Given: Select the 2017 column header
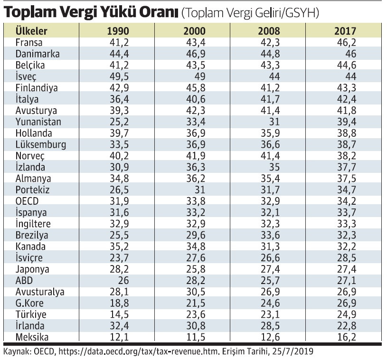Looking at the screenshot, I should coord(345,31).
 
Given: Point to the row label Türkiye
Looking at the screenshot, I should coord(32,314).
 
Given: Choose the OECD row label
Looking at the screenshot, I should coord(28,201).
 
